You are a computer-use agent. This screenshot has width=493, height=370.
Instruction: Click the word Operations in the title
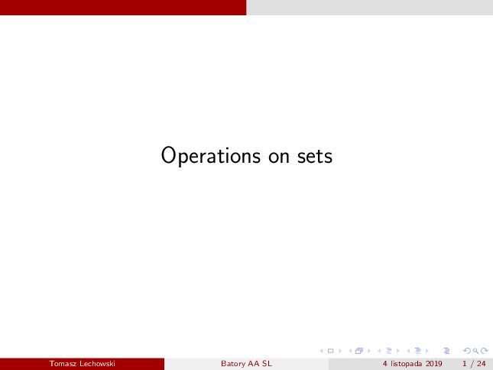(x=211, y=156)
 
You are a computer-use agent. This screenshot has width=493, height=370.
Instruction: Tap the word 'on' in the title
(x=278, y=157)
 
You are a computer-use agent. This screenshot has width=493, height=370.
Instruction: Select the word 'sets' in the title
(x=315, y=156)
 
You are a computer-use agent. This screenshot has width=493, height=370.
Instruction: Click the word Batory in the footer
(x=233, y=364)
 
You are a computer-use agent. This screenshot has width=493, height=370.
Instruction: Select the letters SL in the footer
(x=267, y=364)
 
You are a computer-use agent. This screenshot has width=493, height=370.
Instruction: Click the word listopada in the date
(x=406, y=364)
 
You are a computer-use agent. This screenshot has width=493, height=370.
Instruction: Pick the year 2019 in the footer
(x=434, y=364)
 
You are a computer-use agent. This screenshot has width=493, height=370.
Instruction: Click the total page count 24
(x=481, y=364)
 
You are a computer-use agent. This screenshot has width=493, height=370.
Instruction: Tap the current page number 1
(x=465, y=364)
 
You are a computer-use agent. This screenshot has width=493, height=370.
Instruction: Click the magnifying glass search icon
(x=475, y=351)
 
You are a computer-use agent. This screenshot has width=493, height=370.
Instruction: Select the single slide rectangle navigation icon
(x=330, y=351)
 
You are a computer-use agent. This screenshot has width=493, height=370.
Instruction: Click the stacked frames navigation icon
(x=359, y=351)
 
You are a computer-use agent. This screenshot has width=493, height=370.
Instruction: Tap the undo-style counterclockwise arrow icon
(x=467, y=351)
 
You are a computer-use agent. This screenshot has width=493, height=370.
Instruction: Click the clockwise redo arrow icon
(x=485, y=351)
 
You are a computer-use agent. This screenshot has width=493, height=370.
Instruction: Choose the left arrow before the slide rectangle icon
(x=321, y=351)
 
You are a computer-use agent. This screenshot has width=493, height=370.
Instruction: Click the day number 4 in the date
(x=384, y=364)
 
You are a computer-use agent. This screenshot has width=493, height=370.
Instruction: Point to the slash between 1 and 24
(x=472, y=364)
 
